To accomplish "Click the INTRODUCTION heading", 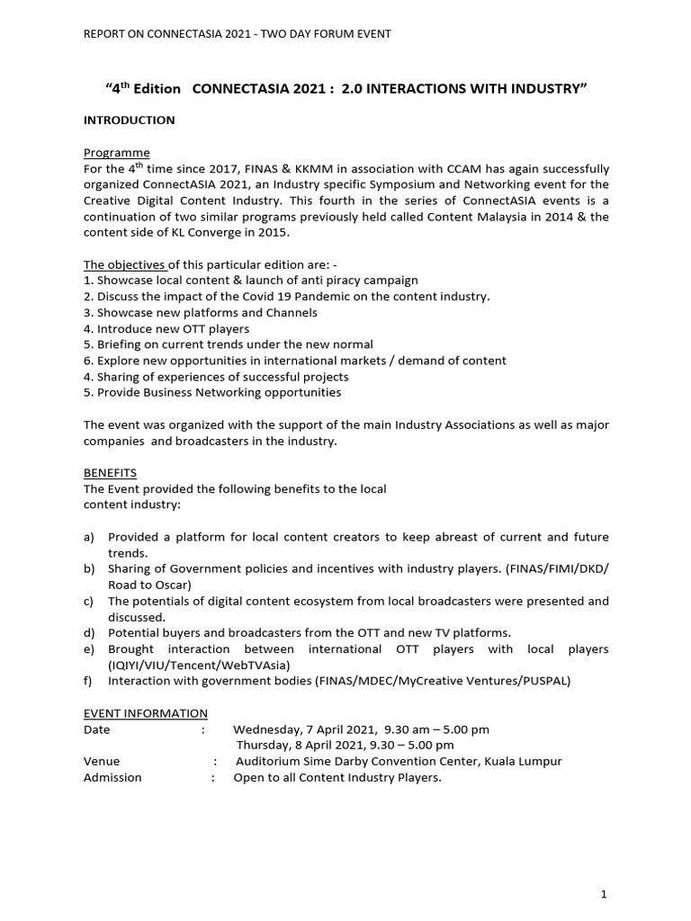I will click(129, 120).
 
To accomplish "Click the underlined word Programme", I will click(116, 152).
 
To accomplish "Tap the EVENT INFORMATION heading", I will click(146, 712).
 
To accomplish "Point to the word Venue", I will click(102, 761).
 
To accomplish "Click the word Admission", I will click(112, 777).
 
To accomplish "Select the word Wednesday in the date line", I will click(268, 729).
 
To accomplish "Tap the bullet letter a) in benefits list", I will click(89, 537).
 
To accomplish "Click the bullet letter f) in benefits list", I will click(88, 681).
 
